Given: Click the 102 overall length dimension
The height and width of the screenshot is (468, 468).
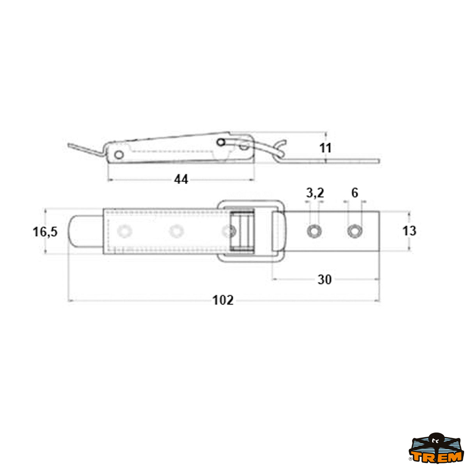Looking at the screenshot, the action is tap(223, 300).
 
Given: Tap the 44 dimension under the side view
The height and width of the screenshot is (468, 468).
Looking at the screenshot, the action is tap(181, 179).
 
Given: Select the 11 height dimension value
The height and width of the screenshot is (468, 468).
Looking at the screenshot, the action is tap(325, 148).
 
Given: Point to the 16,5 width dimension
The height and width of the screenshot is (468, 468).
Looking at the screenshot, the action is tap(45, 231).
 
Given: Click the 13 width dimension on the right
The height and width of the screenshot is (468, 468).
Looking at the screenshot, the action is tap(409, 231).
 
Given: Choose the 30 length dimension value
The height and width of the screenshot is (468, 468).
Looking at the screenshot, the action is tap(324, 280).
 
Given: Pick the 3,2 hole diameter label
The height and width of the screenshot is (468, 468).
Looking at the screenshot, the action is tap(315, 193).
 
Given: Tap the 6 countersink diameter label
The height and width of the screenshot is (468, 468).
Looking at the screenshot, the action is tap(355, 193).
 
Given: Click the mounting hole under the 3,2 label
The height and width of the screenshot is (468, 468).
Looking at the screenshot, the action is tap(314, 231).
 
